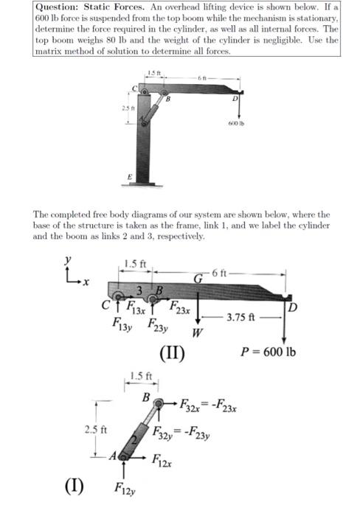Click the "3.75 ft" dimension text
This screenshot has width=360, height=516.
(x=240, y=318)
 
